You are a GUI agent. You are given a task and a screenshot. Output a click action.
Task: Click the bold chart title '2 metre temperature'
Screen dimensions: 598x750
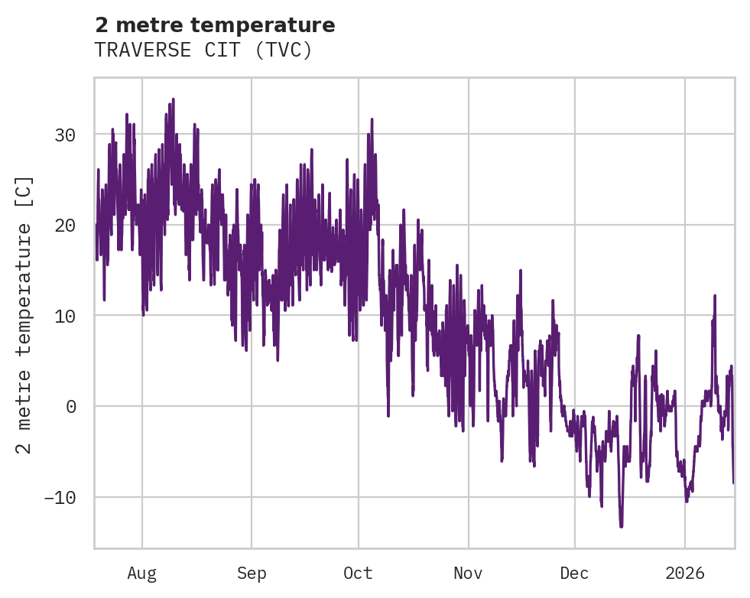coord(215,25)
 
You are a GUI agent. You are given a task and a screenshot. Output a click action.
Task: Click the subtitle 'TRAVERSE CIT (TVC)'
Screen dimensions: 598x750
coord(203,50)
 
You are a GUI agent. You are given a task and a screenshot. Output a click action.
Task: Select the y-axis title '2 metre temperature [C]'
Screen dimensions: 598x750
coord(24,314)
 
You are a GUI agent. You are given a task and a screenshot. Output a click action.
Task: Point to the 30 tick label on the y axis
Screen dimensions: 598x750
coord(65,135)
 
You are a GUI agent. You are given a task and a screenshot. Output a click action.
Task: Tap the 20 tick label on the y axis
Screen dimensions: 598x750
coord(65,225)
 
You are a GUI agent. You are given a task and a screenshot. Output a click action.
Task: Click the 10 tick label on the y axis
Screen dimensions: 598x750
coord(65,315)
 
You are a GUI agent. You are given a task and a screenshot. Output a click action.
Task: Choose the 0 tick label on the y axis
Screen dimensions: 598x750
coord(70,406)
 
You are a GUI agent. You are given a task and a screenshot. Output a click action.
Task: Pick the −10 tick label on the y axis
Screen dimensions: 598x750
coord(60,497)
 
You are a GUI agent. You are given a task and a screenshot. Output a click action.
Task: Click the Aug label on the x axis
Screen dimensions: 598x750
coord(141,573)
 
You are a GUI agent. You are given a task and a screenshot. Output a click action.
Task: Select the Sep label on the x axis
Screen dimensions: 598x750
coord(251,573)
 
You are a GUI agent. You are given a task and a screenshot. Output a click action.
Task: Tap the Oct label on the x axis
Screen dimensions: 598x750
coord(358,573)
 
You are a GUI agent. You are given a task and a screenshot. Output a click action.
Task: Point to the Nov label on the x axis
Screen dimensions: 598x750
coord(468,573)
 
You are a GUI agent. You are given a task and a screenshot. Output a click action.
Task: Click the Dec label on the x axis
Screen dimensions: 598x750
coord(574,573)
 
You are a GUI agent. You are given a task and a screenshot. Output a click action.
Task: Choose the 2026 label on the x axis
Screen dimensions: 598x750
coord(684,573)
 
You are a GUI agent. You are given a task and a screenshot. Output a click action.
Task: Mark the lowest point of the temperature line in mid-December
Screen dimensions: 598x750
coord(621,526)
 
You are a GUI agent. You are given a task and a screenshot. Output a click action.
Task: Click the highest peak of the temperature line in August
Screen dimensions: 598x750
coord(174,99)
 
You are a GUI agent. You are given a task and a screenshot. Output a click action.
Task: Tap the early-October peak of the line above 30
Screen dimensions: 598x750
coord(372,119)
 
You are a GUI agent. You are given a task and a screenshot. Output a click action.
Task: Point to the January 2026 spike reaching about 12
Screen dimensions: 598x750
coord(715,295)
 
